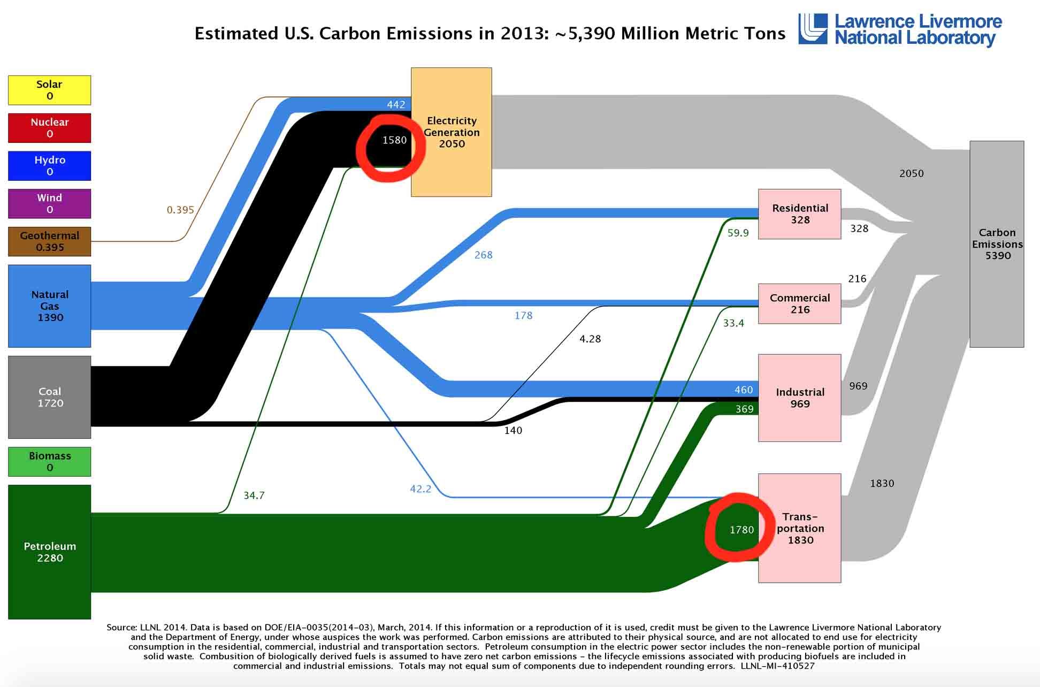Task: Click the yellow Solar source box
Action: [x=49, y=90]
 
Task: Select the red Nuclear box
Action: [x=49, y=128]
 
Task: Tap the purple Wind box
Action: [x=49, y=203]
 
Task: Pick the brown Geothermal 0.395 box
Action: [x=49, y=241]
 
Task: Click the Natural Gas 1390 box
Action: [x=49, y=306]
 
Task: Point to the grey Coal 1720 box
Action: [x=49, y=397]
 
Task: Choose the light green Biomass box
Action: [x=49, y=461]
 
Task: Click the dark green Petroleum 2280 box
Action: [x=49, y=552]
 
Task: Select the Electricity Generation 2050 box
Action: [x=451, y=132]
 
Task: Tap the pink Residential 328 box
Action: [x=799, y=214]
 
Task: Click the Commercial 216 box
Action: [x=799, y=303]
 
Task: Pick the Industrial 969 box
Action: [x=799, y=398]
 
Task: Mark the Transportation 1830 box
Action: [x=799, y=528]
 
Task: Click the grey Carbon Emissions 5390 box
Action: [x=997, y=244]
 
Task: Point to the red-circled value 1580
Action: [x=394, y=140]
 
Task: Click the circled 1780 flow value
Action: [x=741, y=530]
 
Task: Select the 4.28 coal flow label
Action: [x=590, y=339]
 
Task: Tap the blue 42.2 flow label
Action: [x=420, y=488]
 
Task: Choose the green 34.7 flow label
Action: [x=254, y=495]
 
